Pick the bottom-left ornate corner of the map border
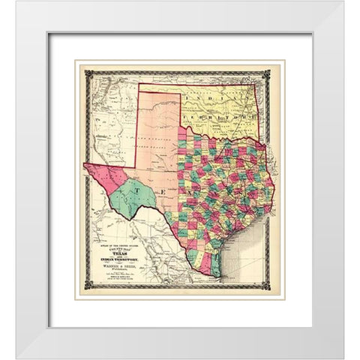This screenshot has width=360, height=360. click(88, 288)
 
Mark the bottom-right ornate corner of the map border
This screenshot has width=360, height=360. click(272, 288)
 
